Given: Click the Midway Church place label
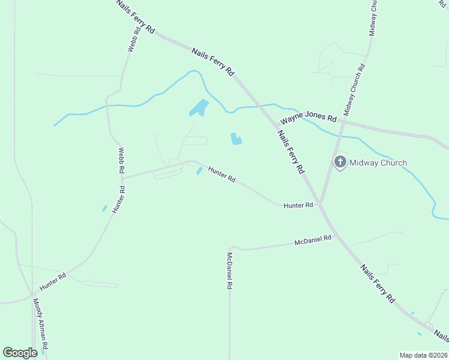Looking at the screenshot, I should tap(378, 163).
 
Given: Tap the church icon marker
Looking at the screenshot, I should tap(340, 162).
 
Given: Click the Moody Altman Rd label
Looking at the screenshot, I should tap(40, 325).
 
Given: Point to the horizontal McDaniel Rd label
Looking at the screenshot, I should tap(313, 241).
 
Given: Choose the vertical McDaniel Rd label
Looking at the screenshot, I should tap(229, 271).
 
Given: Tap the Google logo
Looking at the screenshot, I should tap(20, 353).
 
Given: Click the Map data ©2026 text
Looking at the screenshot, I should tap(424, 355).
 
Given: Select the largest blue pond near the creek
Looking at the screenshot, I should tap(199, 108).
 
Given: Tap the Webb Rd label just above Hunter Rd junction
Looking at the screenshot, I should tap(121, 160).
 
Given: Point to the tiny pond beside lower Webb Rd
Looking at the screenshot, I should tap(104, 209).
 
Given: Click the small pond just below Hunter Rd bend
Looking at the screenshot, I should tap(199, 172).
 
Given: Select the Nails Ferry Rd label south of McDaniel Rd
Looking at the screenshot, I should tap(378, 282).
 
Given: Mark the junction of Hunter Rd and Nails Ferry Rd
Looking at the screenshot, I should tap(321, 205).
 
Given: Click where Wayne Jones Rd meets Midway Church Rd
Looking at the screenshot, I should tap(343, 121).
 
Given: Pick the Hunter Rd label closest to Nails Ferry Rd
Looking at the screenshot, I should tap(298, 205).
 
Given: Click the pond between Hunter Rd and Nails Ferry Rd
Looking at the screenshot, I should tap(236, 139).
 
